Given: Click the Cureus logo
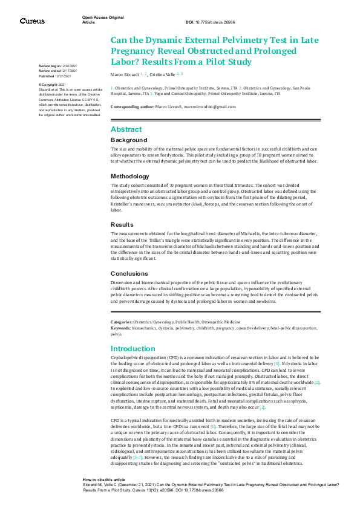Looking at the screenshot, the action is [x=32, y=21].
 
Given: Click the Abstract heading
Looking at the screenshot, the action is [x=126, y=129].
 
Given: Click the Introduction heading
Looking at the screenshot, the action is [x=134, y=349].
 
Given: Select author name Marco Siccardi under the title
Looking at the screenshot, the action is [x=124, y=74].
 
